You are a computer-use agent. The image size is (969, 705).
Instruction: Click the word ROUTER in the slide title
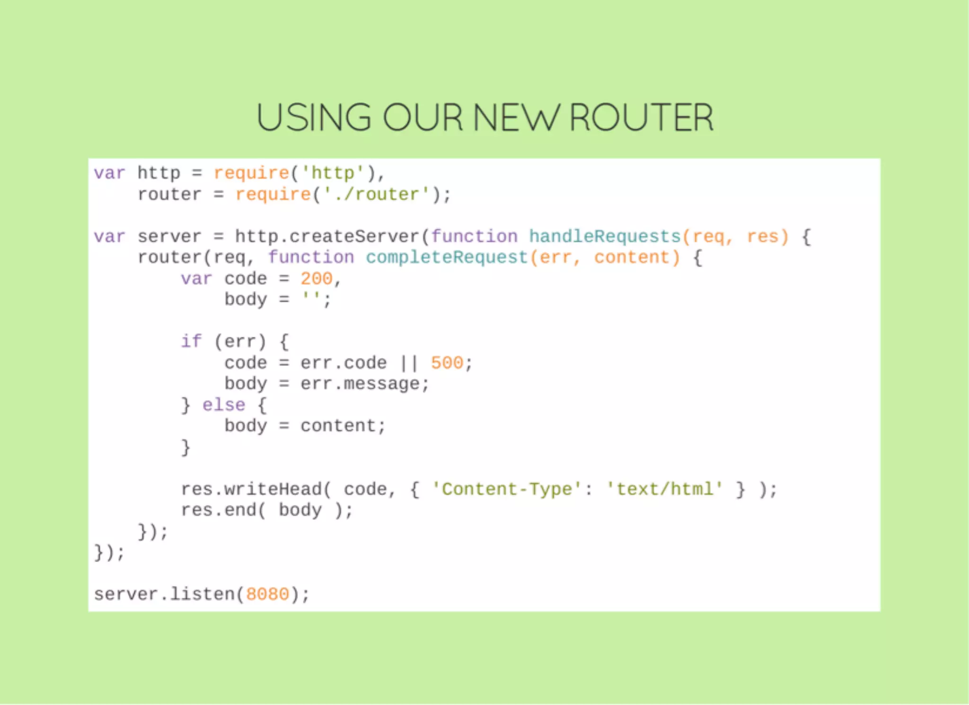pos(641,117)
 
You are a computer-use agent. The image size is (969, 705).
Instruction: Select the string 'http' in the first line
pos(333,174)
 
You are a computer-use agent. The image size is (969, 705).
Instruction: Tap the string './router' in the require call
pos(377,194)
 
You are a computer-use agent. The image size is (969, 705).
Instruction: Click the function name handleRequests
pos(604,236)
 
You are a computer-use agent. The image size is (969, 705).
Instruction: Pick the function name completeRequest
pos(447,257)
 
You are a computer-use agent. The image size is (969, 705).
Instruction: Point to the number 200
pos(317,279)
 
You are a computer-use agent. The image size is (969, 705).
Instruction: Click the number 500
pos(447,363)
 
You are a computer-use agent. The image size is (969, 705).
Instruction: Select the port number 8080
pos(267,594)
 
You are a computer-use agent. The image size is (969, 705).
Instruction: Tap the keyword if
pos(191,341)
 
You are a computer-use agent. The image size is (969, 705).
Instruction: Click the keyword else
pos(224,405)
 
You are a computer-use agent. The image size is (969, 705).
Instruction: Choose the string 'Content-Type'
pos(506,489)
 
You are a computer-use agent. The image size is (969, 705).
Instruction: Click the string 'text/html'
pos(664,489)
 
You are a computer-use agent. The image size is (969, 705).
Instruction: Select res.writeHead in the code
pos(251,489)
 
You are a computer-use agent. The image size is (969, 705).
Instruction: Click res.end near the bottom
pos(219,510)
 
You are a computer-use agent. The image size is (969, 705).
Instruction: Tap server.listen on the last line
pos(164,594)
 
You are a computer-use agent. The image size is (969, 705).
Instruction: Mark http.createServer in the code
pos(327,236)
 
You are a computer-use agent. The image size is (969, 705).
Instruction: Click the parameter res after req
pos(762,236)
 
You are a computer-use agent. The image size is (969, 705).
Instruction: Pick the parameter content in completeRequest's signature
pos(631,257)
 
